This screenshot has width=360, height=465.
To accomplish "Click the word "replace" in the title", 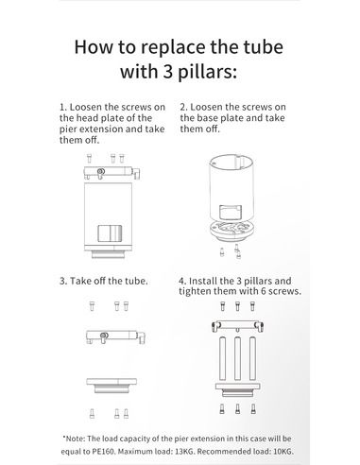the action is point(173,47).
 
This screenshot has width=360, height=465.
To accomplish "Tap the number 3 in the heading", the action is point(168,71).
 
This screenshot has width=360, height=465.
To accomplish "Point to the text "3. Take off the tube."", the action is point(104,281).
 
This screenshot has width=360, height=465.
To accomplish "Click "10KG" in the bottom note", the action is point(283,451).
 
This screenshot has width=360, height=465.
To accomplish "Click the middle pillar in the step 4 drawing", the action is point(237,358).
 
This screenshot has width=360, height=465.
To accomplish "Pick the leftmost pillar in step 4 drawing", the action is point(222,358).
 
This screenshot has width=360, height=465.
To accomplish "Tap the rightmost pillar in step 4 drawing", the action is point(252,358).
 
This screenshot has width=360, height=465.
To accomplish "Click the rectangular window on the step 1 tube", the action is point(110,233).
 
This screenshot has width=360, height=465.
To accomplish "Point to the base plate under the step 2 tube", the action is point(231,231).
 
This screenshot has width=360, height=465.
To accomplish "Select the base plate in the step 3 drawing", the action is point(111,386).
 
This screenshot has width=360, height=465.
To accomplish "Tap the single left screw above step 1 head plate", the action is point(89,158).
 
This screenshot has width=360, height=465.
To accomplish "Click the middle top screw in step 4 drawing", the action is point(237,306).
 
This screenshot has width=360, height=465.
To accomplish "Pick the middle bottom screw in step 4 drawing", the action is point(237,408).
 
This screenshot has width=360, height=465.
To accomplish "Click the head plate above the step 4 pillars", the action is point(238,326).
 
